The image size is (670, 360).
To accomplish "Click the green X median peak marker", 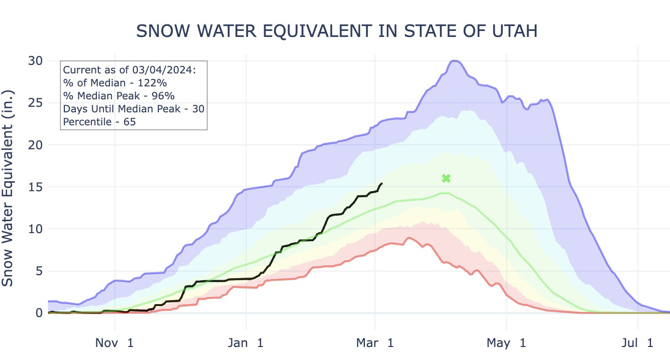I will (x=446, y=178).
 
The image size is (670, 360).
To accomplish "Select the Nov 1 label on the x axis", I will (x=115, y=343).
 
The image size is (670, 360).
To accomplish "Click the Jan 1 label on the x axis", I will (x=246, y=343).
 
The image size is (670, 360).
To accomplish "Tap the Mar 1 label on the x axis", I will (x=375, y=343).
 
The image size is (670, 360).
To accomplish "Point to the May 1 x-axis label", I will (x=506, y=343).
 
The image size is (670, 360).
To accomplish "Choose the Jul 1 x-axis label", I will (x=638, y=343).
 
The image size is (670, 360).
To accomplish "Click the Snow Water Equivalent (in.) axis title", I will (x=8, y=188).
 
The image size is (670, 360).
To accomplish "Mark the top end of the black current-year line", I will (x=382, y=183).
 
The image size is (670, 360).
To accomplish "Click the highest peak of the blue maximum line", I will (x=454, y=61).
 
